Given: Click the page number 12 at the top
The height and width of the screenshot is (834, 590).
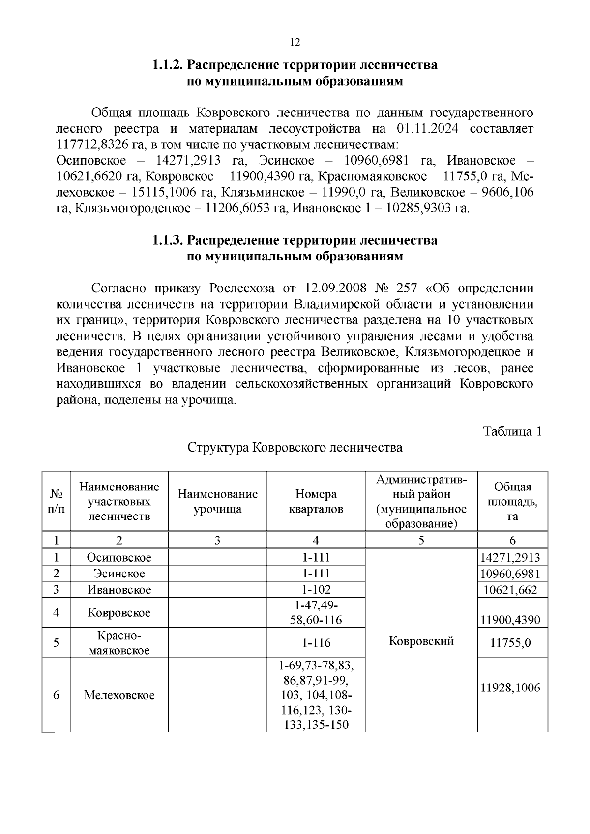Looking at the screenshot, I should [295, 42].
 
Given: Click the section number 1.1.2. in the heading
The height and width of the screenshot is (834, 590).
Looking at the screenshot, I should [168, 65].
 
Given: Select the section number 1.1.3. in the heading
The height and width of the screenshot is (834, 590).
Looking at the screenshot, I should [168, 240].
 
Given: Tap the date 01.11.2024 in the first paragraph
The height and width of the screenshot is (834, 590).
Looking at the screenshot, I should [427, 129].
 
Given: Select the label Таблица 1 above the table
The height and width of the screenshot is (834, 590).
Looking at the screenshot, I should [512, 431].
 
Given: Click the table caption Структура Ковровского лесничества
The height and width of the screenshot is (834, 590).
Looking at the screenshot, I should [295, 448].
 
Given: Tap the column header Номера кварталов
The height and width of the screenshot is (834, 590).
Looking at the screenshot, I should [316, 501].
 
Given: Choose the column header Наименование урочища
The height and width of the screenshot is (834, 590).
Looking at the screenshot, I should [217, 501].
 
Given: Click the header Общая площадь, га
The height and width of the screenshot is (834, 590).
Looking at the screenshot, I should [512, 501].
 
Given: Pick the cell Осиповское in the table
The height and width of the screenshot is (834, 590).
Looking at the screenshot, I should [119, 557].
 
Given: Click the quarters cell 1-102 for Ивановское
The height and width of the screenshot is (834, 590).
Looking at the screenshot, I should [316, 589].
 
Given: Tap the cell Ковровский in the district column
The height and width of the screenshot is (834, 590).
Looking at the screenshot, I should [421, 641].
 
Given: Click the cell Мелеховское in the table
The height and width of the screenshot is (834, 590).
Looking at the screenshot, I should [119, 695].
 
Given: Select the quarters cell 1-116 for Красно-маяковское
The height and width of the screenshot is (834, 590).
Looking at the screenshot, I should [316, 643].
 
